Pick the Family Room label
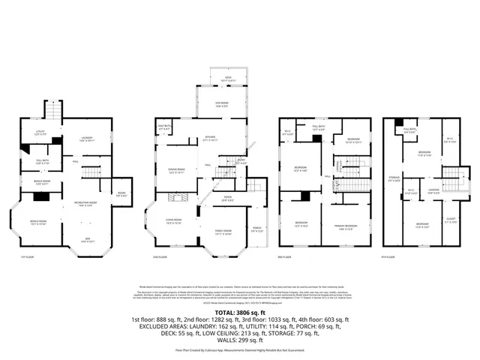click(224, 233)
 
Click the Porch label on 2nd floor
click(256, 229)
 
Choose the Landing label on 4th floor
click(433, 190)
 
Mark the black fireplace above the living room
click(178, 197)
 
